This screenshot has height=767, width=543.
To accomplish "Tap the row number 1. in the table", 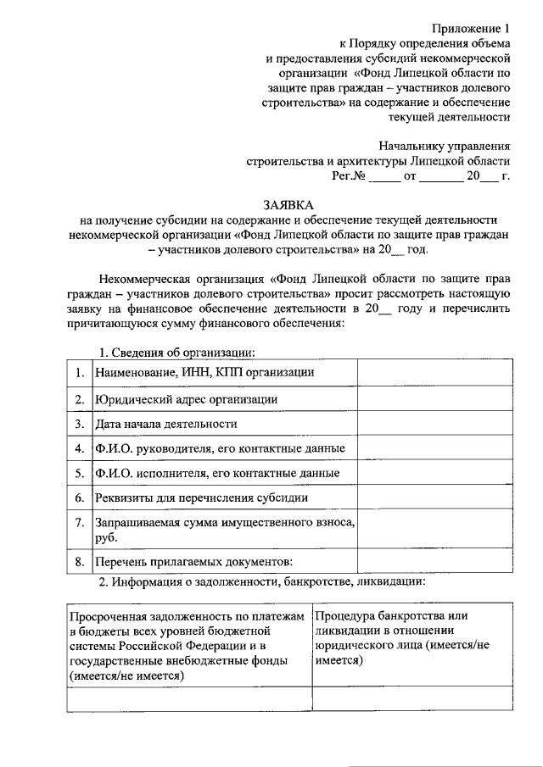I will pos(79,372).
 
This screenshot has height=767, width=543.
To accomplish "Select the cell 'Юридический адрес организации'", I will pos(187,398).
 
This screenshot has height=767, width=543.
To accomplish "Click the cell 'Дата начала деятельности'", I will pos(166,423).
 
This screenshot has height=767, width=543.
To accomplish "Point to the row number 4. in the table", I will pos(79,447).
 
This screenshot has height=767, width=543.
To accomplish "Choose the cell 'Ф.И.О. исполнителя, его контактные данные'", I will pos(218,473).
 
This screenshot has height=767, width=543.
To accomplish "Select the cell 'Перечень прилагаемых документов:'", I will pos(194,561).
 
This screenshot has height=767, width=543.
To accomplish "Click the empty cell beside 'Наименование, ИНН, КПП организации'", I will pos(434,372).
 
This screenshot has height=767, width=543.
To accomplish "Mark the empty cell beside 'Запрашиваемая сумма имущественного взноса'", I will pos(434,529).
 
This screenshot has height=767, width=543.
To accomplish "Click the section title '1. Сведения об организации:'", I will pos(178,352).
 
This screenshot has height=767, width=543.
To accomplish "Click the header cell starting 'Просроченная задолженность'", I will pos(188,645).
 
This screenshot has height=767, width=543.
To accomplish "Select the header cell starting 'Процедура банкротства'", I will pos(411,645).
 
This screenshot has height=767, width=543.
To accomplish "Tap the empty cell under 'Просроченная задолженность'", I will pos(188,698).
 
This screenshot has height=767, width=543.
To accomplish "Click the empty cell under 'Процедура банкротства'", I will pos(411,698).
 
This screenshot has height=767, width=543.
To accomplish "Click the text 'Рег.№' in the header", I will pos(348,176).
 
